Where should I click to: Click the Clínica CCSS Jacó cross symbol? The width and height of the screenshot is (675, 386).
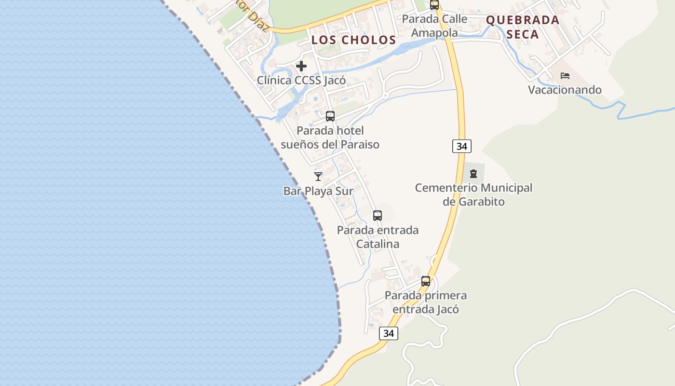301,66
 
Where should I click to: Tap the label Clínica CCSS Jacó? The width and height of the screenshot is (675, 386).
301,80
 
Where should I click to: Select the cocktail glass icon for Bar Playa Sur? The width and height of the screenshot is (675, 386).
318,177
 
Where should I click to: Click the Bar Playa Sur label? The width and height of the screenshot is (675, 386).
318,191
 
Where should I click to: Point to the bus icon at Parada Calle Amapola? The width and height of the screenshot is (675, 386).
434,5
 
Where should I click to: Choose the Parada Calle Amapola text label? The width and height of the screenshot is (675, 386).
434,26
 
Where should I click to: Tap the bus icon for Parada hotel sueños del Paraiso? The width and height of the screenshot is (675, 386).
330,116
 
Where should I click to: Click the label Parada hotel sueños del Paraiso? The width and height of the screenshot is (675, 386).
330,138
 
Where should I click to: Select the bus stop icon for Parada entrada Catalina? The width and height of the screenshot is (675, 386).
378,216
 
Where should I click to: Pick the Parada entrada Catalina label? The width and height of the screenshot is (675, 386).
378,237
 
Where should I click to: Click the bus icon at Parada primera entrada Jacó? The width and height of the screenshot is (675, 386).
426,281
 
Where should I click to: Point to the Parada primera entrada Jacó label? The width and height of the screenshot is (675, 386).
426,302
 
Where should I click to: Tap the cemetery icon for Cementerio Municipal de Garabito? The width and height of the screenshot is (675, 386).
473,173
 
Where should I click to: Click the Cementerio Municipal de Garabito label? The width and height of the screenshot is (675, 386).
473,194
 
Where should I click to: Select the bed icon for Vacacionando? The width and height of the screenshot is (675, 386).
565,76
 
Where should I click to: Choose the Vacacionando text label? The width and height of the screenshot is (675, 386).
565,90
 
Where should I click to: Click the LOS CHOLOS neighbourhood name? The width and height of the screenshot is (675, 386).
354,40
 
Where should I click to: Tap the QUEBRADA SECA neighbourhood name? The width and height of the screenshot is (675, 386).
523,27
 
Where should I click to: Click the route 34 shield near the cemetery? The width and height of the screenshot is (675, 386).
462,146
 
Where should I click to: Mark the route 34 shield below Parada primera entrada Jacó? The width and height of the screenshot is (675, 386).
389,333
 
